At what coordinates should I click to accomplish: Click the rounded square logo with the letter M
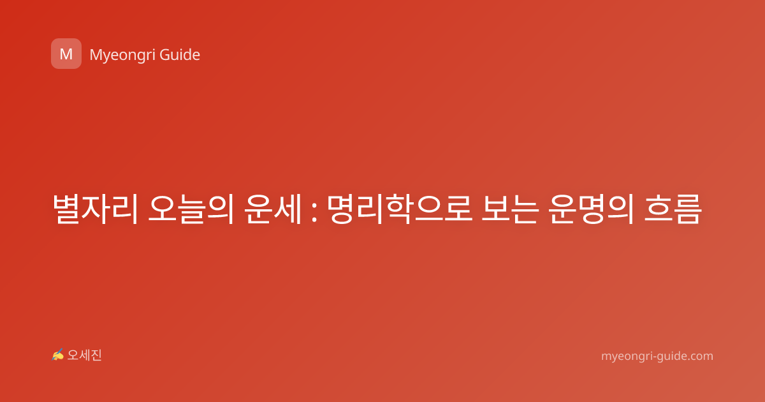[66, 54]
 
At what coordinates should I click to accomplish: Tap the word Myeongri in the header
[122, 56]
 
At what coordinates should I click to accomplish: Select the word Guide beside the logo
[180, 55]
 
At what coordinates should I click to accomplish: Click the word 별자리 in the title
[96, 209]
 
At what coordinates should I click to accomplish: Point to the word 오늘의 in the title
[191, 209]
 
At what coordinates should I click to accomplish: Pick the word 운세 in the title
[273, 209]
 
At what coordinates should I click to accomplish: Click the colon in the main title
[314, 213]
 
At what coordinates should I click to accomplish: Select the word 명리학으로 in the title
[400, 209]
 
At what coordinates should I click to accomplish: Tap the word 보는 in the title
[510, 209]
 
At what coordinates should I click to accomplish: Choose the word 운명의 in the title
[591, 209]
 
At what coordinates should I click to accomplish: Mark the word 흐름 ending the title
[673, 209]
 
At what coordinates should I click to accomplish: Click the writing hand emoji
[58, 355]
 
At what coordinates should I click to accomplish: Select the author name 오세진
[84, 355]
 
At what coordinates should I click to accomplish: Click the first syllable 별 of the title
[66, 209]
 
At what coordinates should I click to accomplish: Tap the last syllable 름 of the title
[687, 209]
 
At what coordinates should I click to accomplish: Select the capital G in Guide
[164, 55]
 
